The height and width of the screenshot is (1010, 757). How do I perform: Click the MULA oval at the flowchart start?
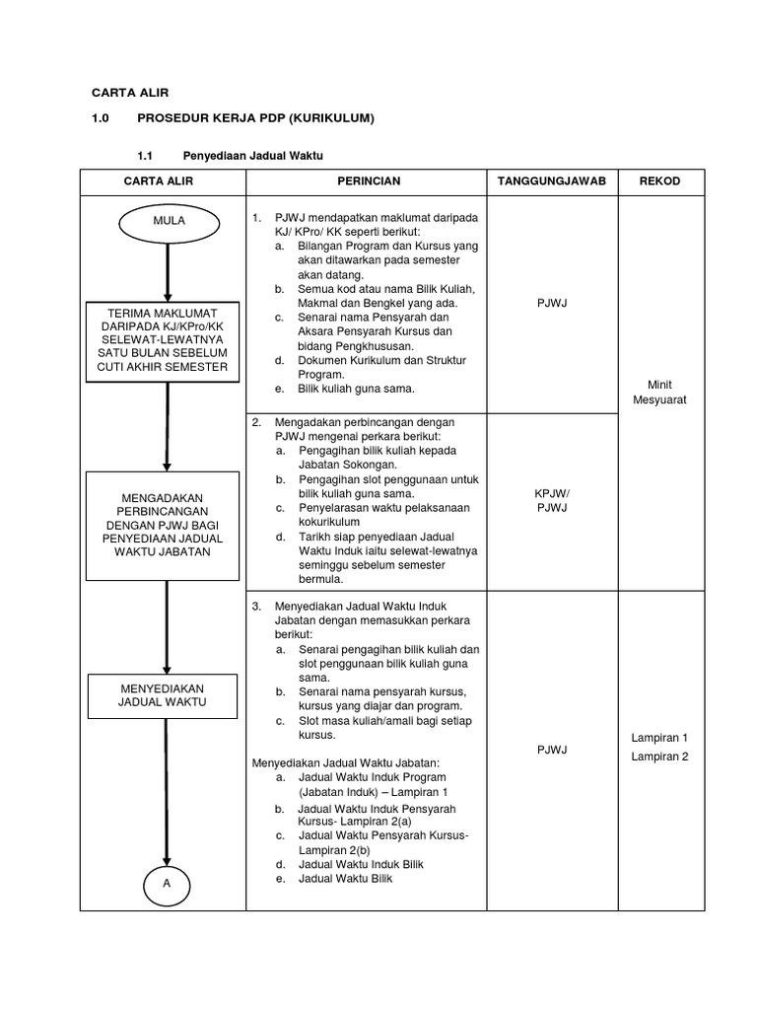tap(169, 221)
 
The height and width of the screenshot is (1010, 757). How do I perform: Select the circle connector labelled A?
tap(168, 883)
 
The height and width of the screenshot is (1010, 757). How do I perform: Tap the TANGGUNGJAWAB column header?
tap(552, 181)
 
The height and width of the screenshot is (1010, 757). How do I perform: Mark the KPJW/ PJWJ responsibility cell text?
tap(552, 500)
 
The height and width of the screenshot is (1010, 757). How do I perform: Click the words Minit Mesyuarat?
tap(665, 393)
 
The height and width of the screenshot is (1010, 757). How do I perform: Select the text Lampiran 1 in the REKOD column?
tap(660, 738)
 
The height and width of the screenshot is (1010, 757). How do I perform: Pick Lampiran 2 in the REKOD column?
tap(660, 757)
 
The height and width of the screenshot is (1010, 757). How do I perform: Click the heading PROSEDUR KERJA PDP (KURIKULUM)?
tap(256, 118)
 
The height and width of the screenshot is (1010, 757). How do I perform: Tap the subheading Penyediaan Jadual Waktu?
tap(253, 155)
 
